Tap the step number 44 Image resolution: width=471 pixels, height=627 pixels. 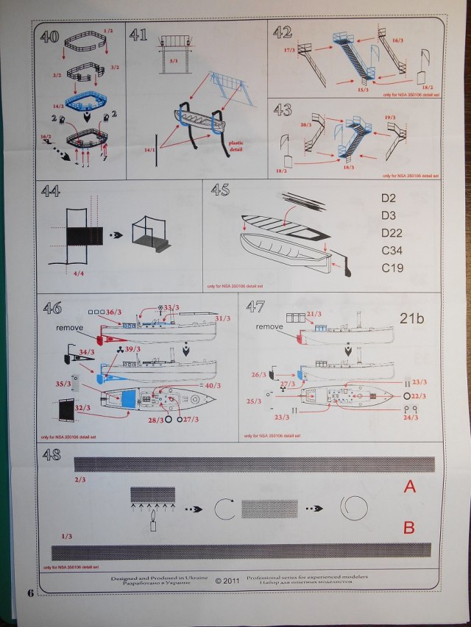[51, 192]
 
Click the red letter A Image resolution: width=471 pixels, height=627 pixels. [410, 486]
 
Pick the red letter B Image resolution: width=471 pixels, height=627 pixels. [410, 528]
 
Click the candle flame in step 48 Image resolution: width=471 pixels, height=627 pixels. [153, 523]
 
